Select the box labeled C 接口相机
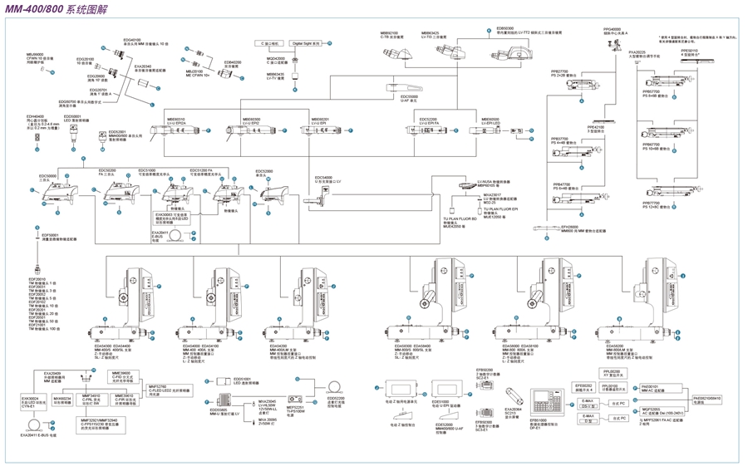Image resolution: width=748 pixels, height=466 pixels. [271, 43]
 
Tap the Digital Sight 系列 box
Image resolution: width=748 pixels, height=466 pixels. [306, 43]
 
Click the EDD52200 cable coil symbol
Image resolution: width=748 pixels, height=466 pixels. [336, 386]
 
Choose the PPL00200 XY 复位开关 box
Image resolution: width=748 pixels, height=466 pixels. [611, 373]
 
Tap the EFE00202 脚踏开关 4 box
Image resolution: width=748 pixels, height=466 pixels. [583, 386]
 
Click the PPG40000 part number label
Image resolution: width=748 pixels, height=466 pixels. [613, 29]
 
